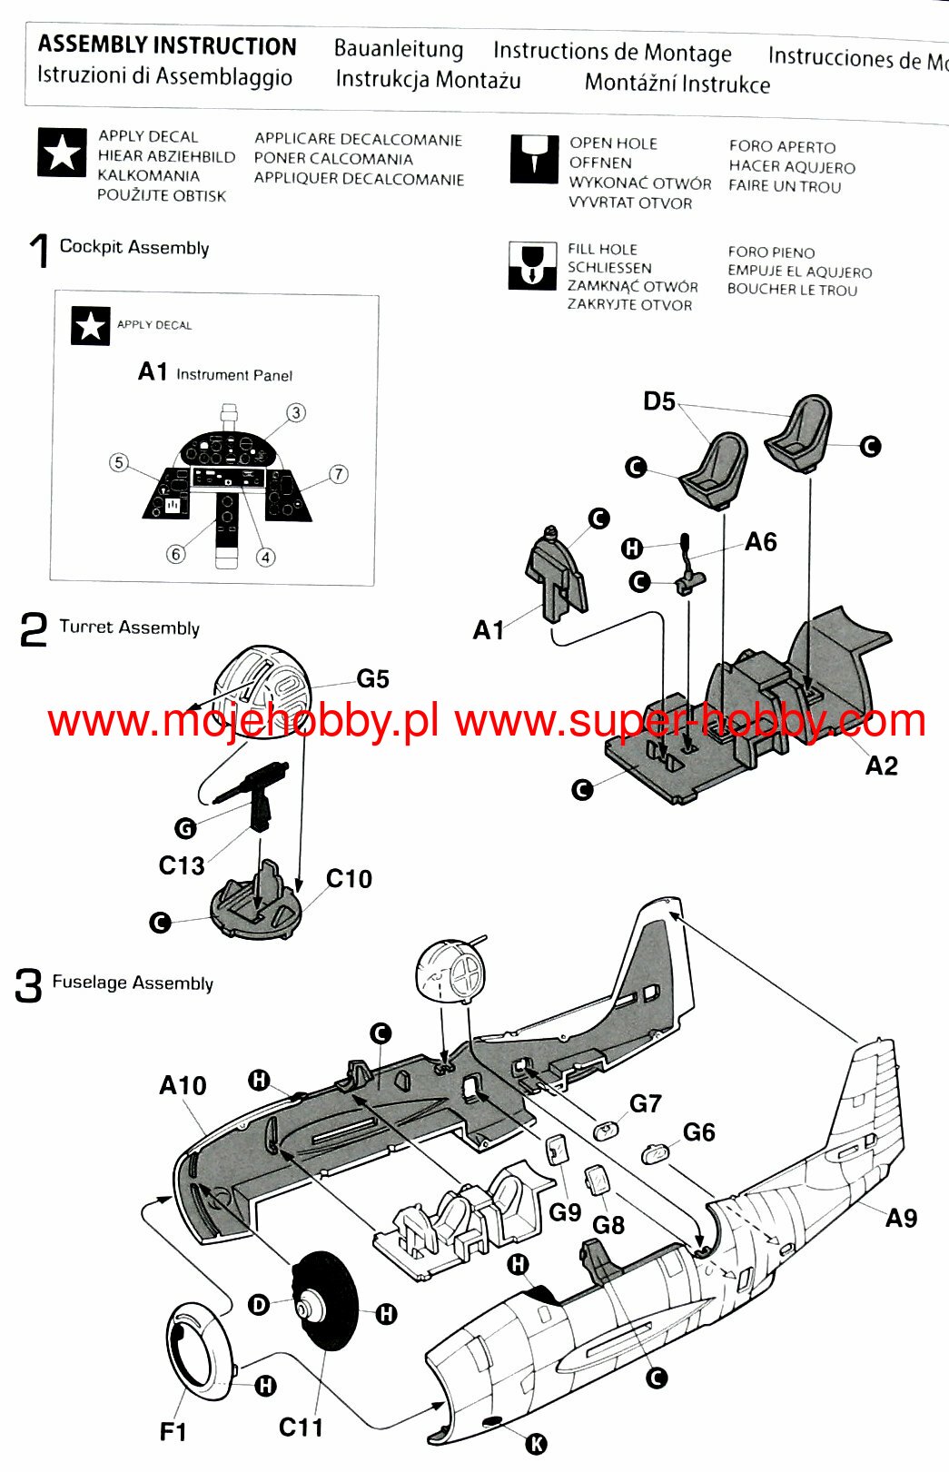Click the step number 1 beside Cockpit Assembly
39,251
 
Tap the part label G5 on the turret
372,678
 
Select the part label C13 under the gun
182,865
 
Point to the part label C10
349,879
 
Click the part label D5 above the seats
659,400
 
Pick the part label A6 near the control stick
760,542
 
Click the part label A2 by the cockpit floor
881,766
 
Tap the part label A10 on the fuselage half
183,1085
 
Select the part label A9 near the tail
901,1219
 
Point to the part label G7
646,1104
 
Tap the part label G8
608,1226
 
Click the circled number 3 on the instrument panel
296,412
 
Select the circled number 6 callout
175,554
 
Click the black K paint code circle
537,1445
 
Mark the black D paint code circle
259,1305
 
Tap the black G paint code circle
186,828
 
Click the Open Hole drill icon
534,159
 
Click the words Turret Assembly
130,627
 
